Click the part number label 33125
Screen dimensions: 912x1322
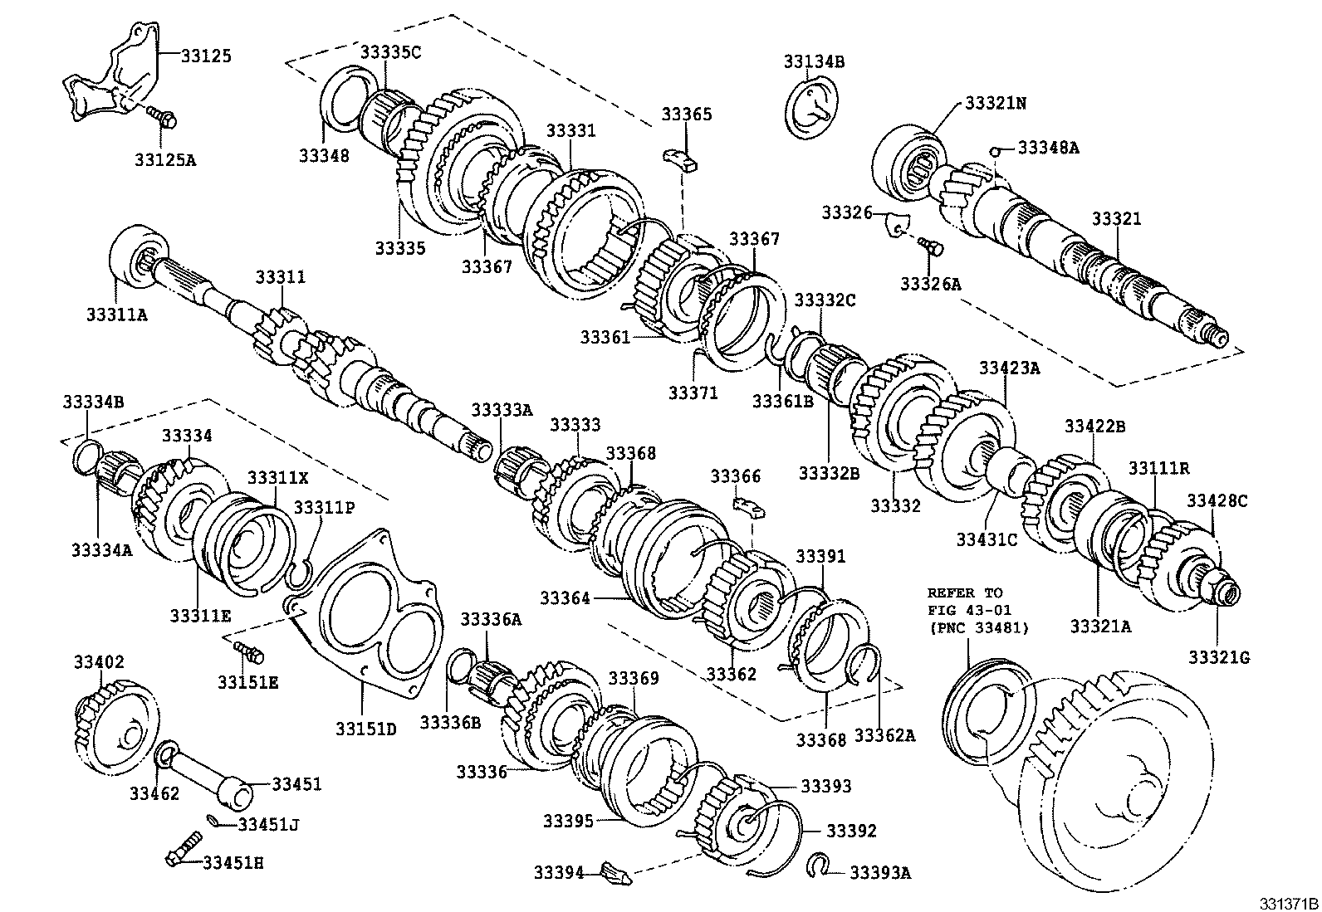tap(206, 56)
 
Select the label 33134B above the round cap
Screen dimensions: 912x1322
tap(813, 61)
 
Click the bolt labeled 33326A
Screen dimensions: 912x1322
tap(931, 245)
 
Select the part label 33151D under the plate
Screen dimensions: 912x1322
tap(365, 729)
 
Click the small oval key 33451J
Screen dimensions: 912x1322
tap(215, 822)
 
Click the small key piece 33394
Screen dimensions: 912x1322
tap(615, 872)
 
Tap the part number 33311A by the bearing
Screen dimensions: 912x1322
tap(115, 314)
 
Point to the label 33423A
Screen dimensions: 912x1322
tap(1008, 368)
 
